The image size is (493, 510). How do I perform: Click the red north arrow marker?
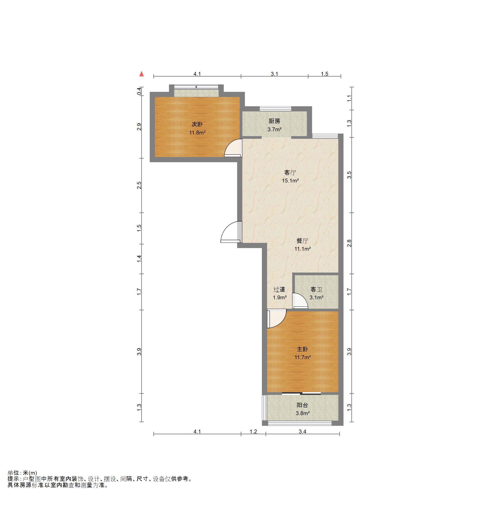click(x=142, y=74)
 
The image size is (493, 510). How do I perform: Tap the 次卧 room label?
click(x=197, y=124)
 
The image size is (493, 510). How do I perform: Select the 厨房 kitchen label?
click(x=274, y=121)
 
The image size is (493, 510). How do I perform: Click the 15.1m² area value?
click(x=290, y=181)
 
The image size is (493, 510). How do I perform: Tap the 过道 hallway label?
click(x=279, y=289)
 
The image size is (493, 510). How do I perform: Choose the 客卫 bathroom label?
click(x=316, y=289)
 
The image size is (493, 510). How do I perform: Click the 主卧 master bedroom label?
click(x=302, y=349)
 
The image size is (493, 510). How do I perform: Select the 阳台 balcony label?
click(x=302, y=405)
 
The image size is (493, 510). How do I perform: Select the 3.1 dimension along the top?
click(x=274, y=74)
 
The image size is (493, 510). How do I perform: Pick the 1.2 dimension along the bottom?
click(x=253, y=432)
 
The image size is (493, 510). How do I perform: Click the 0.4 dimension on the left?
click(x=139, y=91)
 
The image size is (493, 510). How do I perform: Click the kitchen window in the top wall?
click(x=275, y=109)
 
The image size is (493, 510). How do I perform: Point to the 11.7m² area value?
click(x=302, y=357)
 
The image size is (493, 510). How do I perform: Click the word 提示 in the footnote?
click(x=13, y=479)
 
